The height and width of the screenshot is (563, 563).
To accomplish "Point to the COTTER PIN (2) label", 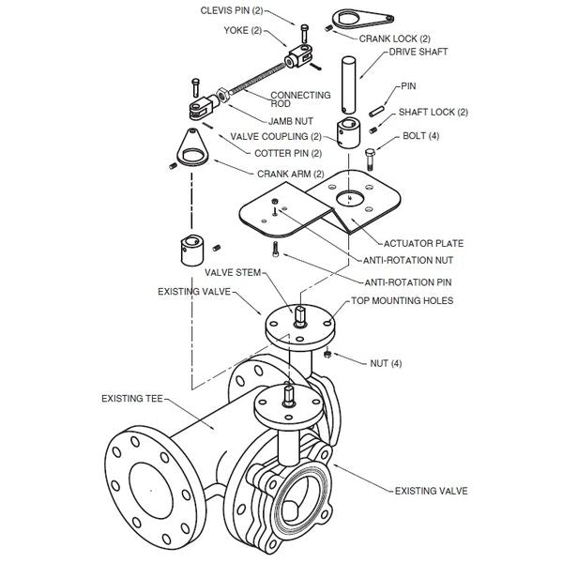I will (x=287, y=153).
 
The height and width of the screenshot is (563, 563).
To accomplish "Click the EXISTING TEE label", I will (x=131, y=399).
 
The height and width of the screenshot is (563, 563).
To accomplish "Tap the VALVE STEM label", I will (x=227, y=272).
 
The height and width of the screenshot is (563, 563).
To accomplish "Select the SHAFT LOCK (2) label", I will (x=433, y=112).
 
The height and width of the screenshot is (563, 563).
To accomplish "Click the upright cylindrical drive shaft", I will (x=348, y=86).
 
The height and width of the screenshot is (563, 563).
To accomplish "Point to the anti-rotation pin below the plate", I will (x=275, y=250).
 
